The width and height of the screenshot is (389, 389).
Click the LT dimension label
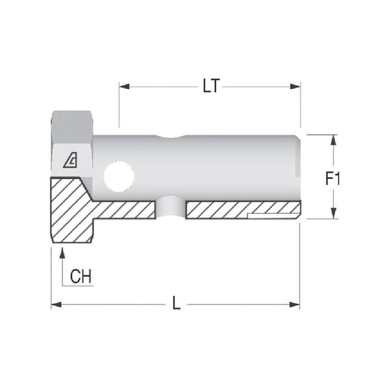coord(211,86)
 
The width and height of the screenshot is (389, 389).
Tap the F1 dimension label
coord(333,178)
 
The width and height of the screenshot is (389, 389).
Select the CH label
coord(81,276)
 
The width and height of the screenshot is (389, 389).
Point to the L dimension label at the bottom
coord(177,302)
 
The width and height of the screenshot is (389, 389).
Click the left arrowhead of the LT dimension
coord(124,87)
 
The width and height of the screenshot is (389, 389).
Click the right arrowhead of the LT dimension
coord(295,87)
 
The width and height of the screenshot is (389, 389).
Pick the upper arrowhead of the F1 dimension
coord(334,140)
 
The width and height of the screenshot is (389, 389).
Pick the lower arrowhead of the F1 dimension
coord(334,213)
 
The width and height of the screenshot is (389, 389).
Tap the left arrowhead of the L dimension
coord(56,304)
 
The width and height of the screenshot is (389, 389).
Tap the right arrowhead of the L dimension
coord(295,304)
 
